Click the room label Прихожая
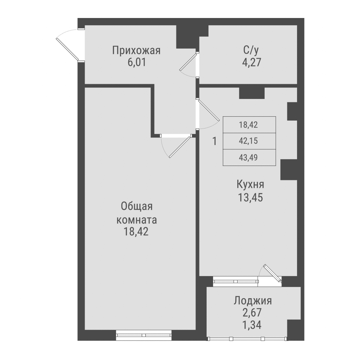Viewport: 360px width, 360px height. [x=136, y=50]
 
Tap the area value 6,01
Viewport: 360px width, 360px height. [x=136, y=62]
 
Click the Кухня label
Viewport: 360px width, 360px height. [x=250, y=185]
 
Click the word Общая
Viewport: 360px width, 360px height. [x=137, y=207]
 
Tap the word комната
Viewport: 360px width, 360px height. [x=137, y=219]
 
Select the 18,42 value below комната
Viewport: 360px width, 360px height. [x=137, y=231]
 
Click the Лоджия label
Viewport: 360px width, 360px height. [x=252, y=301]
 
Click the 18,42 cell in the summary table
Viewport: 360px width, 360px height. [x=249, y=125]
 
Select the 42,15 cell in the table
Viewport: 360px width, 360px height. [x=249, y=141]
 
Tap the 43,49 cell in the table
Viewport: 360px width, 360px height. [x=249, y=158]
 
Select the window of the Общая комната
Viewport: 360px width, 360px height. [x=143, y=335]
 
